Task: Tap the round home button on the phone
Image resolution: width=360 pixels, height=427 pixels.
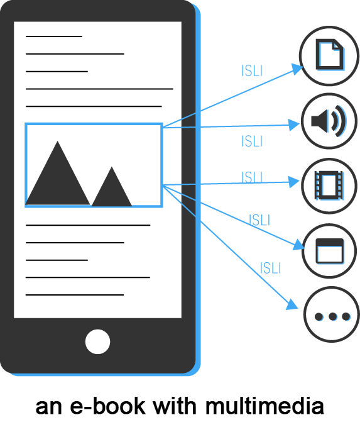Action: pos(97,341)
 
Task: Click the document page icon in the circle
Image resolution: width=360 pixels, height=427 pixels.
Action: pos(330,55)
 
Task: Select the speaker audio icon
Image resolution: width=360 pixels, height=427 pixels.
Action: pos(329,121)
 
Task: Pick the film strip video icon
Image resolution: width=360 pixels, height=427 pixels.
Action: pos(329,185)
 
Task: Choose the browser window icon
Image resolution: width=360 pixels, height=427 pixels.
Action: pos(330,251)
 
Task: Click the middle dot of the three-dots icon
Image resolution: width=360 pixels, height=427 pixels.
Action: pos(332,316)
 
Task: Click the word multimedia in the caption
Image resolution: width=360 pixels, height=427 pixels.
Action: pos(265,406)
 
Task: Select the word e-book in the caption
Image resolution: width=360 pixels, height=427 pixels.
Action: pos(107,406)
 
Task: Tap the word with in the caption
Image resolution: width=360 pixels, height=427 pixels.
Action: pos(175,406)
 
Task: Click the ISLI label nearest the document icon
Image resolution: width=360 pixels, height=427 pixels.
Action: pos(252,71)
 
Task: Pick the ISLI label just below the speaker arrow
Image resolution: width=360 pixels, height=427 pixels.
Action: pos(252,141)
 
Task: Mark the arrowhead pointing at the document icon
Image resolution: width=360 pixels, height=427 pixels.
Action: pos(297,69)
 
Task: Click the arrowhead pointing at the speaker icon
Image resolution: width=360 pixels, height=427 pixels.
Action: pos(294,125)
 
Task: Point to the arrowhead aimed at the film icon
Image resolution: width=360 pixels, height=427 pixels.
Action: pos(294,182)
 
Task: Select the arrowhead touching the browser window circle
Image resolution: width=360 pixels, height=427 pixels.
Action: pos(298,244)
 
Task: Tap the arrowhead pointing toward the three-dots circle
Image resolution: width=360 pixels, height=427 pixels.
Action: pos(292,305)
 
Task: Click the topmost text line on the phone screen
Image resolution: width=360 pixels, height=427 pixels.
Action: pos(54,36)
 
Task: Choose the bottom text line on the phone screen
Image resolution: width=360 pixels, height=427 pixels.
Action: pos(75,295)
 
